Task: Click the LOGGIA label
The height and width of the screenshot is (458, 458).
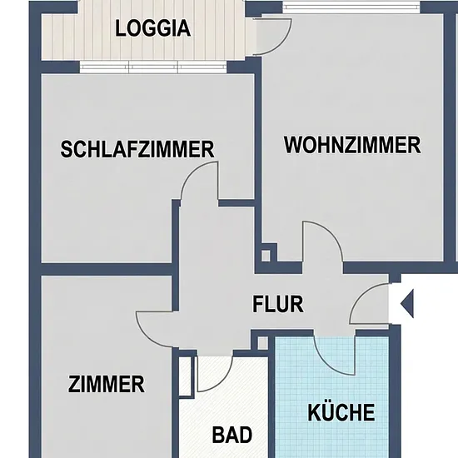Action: point(152,28)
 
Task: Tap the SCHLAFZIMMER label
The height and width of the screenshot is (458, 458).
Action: point(137,149)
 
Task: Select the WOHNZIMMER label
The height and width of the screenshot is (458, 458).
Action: point(352,145)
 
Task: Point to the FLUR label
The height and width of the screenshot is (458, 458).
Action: point(278,304)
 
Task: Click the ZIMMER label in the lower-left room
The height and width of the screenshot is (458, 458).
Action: point(107,385)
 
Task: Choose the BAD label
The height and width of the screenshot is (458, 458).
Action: point(232,435)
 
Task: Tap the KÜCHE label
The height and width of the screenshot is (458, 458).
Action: point(341,412)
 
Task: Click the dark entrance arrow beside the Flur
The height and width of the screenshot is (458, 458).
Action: point(408,304)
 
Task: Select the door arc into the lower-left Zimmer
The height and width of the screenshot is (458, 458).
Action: point(145,336)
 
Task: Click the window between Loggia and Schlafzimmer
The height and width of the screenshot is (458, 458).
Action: point(153,67)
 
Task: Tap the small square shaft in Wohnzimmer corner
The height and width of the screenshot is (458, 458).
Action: point(266,256)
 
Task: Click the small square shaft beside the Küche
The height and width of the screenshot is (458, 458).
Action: point(263,342)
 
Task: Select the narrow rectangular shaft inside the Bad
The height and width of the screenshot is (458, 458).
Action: point(186,376)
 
